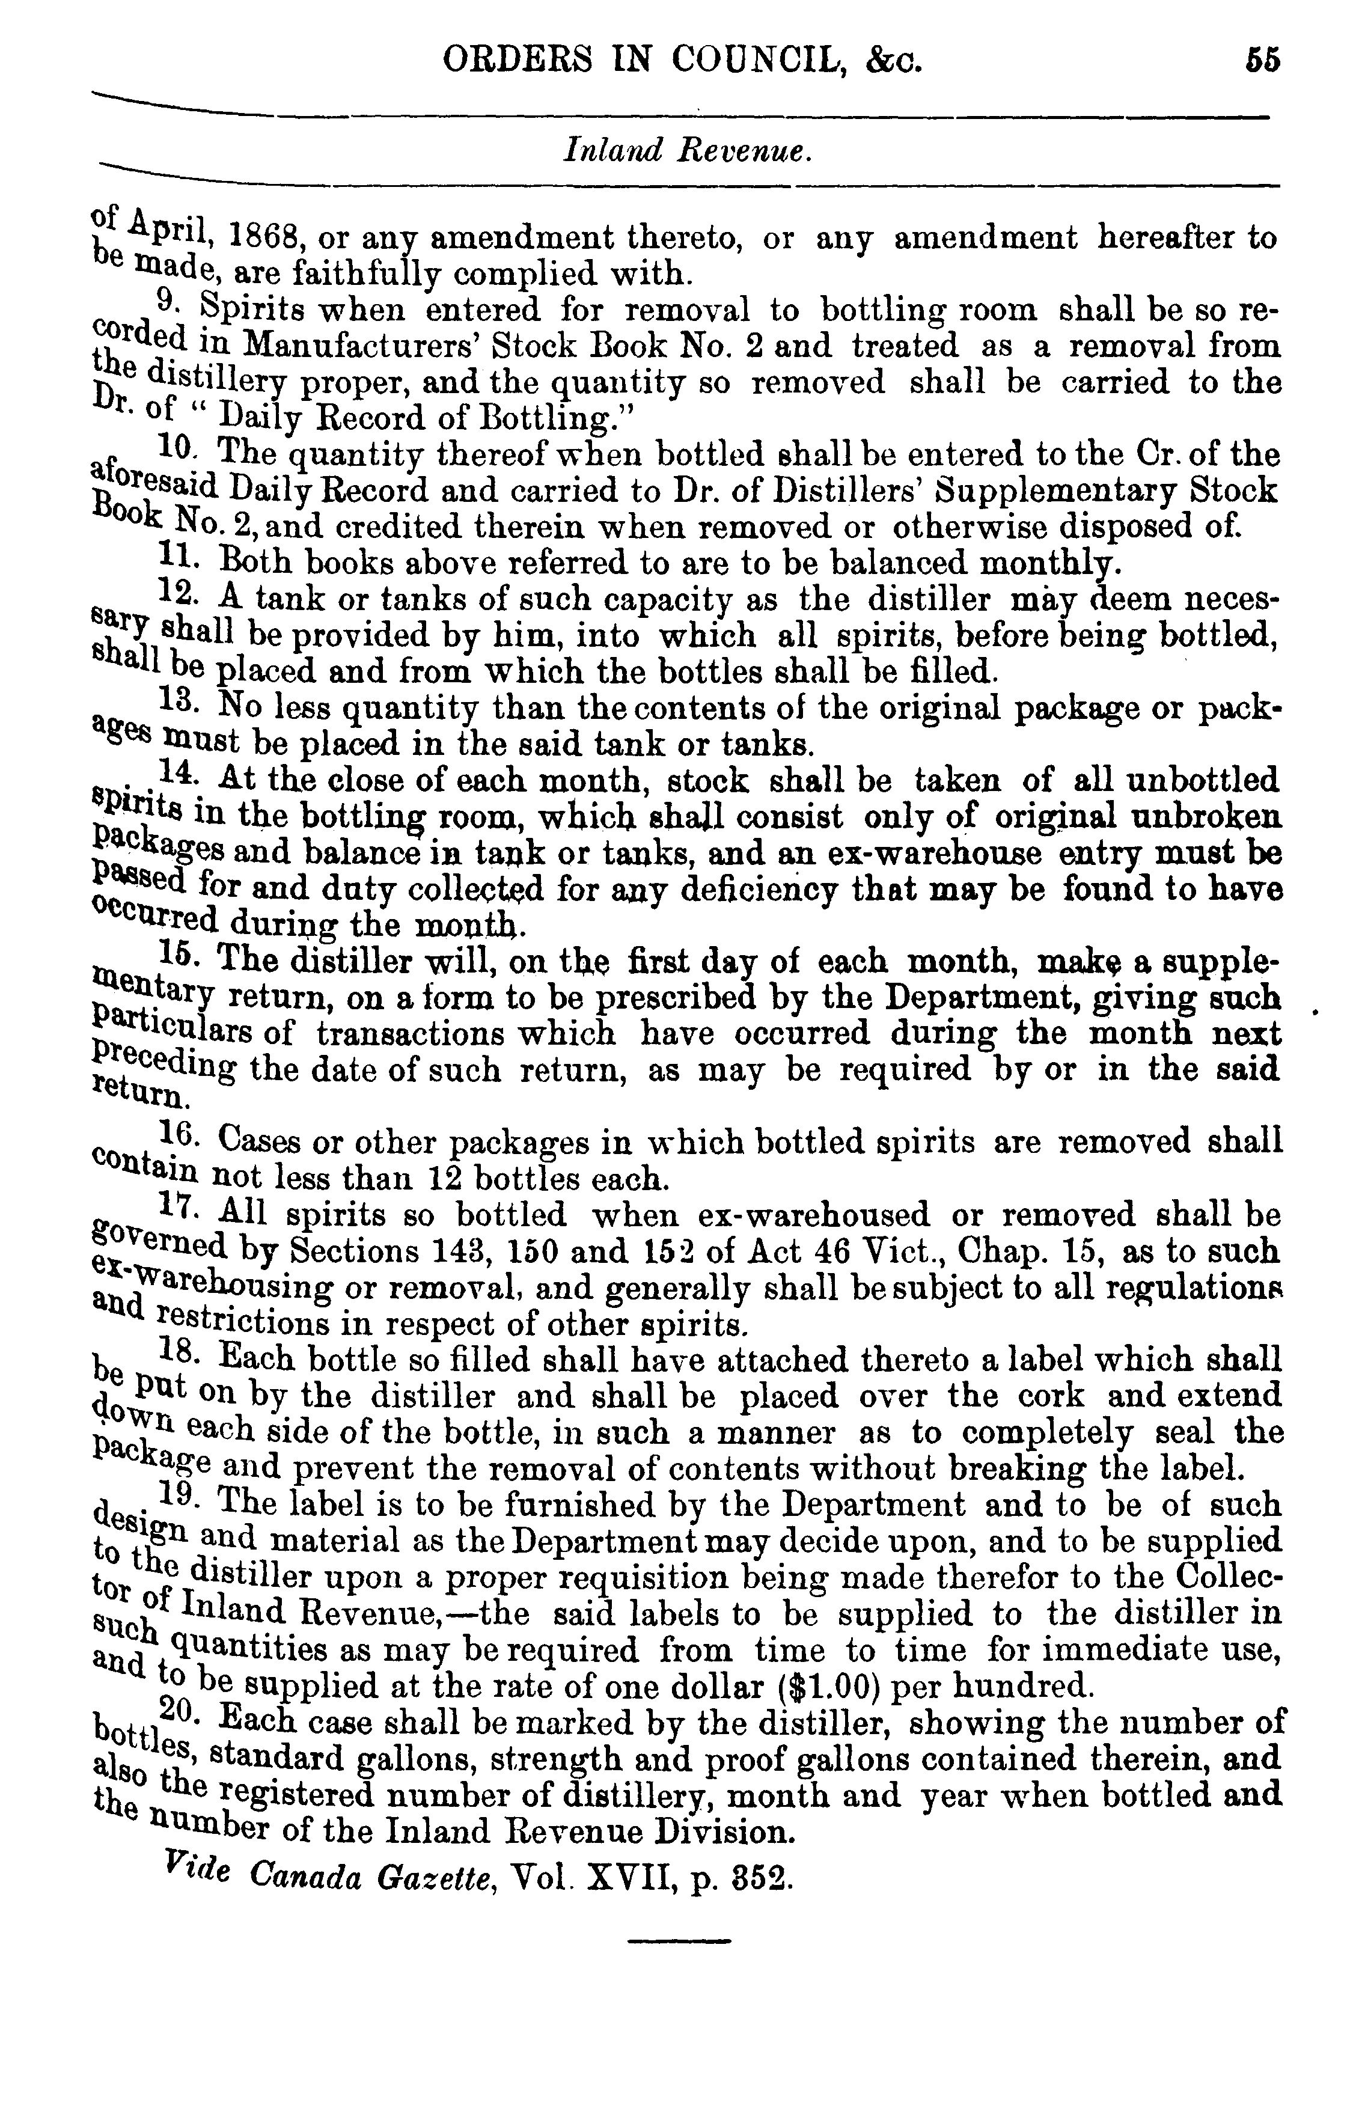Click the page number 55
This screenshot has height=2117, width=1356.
click(x=1263, y=60)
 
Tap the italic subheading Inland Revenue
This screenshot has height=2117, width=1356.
click(x=686, y=152)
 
